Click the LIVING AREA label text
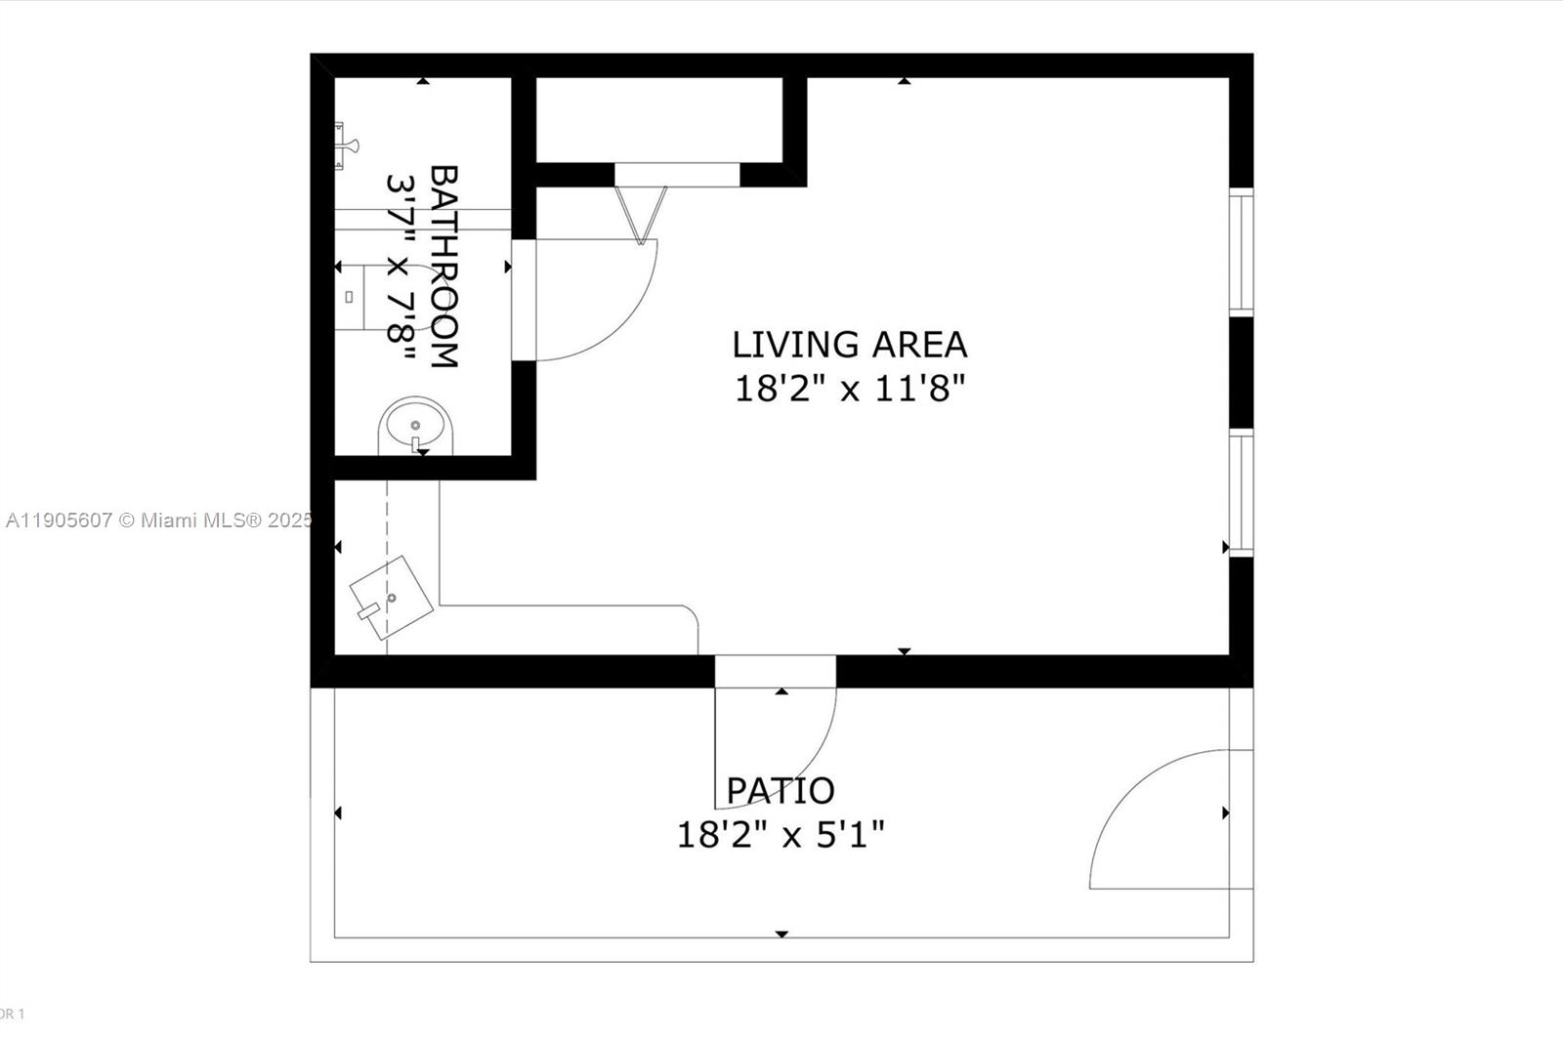coord(849,345)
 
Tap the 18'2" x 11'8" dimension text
coord(849,390)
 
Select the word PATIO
coord(780,790)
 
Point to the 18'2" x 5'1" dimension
coord(781,835)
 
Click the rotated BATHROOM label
coord(444,267)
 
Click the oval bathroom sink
coord(415,425)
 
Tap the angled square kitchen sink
coord(392,598)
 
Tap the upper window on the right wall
coord(1241,252)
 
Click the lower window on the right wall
coord(1241,493)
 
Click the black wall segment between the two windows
coord(1241,372)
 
